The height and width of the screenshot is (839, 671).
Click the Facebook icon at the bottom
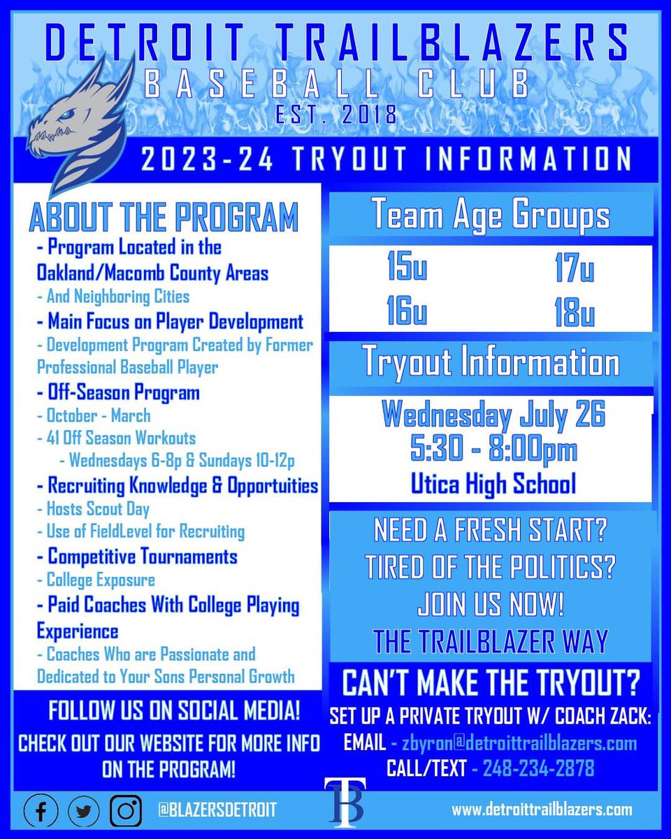coord(41,810)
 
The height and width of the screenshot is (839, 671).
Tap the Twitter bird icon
coord(85,810)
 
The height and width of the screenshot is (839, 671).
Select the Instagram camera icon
coord(127,810)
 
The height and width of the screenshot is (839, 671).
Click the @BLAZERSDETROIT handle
coord(214,810)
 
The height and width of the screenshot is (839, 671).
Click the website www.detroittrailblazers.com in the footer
coord(542,810)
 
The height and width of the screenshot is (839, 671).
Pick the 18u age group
coord(575,312)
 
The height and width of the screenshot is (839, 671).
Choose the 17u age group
coord(575,269)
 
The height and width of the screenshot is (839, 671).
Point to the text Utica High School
coord(493,484)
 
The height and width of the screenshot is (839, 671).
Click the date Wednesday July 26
coord(493,417)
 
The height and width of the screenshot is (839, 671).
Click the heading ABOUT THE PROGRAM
coord(164,217)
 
